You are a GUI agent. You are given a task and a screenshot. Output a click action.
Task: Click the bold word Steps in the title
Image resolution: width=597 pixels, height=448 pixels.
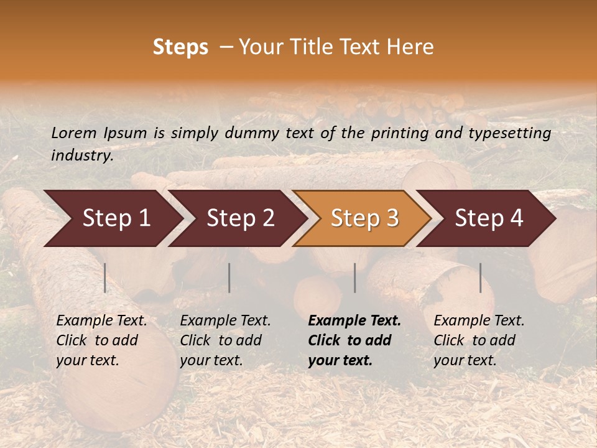[180, 47]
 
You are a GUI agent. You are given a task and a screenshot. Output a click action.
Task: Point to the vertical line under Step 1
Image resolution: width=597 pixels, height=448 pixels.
[105, 278]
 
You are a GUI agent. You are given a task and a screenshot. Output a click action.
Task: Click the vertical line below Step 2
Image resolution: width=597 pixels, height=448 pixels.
[229, 278]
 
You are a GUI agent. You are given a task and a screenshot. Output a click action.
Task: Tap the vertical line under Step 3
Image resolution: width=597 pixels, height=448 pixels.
[354, 278]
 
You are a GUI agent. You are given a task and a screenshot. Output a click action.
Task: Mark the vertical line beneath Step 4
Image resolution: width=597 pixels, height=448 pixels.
[480, 278]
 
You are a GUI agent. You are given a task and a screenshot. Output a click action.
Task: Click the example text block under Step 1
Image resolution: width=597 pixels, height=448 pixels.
[101, 340]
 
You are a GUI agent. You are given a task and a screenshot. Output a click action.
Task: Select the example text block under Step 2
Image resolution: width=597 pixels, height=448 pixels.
[225, 340]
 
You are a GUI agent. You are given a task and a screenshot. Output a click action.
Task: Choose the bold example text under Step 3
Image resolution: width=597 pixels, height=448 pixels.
[354, 340]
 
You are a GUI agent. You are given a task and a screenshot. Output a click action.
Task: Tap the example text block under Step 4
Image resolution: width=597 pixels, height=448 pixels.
[479, 340]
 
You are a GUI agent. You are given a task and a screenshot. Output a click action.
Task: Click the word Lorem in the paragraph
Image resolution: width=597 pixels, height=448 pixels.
[73, 133]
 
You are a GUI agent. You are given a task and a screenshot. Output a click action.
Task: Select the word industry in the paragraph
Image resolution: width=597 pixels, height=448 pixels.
[82, 155]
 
